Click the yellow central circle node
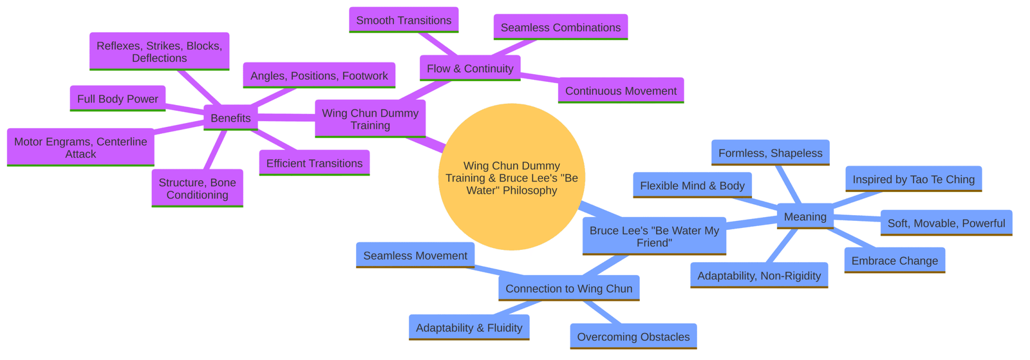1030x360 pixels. click(x=511, y=176)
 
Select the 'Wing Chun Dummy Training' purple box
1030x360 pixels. click(x=370, y=118)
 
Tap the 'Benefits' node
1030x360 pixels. click(x=230, y=118)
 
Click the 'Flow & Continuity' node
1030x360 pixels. click(x=470, y=68)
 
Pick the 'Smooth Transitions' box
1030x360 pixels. click(x=404, y=20)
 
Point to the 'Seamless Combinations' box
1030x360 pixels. click(x=560, y=28)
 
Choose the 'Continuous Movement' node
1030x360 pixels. click(x=621, y=91)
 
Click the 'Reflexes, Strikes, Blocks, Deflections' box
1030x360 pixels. click(x=159, y=52)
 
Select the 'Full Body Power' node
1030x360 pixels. click(x=117, y=99)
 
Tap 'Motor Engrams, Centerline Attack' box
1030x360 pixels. click(x=80, y=147)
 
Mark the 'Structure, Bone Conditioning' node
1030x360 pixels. click(x=197, y=188)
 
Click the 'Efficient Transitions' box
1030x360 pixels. click(x=314, y=163)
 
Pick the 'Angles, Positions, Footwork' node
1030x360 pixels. click(x=319, y=75)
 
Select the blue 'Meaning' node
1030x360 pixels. click(x=805, y=216)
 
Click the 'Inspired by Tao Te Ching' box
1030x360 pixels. click(x=913, y=179)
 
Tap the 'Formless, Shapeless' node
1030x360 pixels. click(x=770, y=153)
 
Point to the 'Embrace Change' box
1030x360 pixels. click(x=894, y=260)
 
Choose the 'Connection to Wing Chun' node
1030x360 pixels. click(x=568, y=289)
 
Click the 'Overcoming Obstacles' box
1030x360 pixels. click(x=633, y=336)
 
